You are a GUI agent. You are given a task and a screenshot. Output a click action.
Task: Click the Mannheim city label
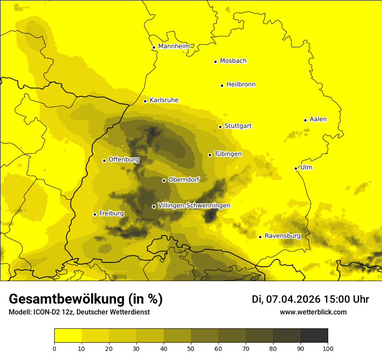tap(174, 46)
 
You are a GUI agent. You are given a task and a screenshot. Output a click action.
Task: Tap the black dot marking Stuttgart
tap(220, 127)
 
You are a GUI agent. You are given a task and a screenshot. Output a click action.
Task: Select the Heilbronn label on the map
tap(241, 85)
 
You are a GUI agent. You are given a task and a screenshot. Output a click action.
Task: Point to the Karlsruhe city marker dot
tap(145, 101)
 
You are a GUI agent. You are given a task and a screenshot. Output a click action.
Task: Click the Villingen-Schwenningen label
tap(194, 206)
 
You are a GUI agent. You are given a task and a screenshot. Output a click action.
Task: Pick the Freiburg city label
tap(112, 213)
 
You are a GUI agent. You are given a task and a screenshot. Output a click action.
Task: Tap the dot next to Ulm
tap(296, 168)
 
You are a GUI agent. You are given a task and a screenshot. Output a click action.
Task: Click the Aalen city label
tap(318, 119)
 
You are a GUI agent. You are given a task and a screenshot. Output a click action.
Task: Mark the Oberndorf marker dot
tap(164, 180)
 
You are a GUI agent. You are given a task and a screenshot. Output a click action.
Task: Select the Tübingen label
tap(228, 154)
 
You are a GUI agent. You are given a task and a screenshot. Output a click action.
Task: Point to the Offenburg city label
tap(124, 160)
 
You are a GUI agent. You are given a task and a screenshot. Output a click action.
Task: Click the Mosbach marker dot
tap(215, 62)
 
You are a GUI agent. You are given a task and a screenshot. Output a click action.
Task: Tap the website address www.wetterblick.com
tap(313, 312)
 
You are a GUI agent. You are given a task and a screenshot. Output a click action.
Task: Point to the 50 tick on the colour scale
tap(191, 348)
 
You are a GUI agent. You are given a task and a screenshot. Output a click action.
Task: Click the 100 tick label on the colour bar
tap(328, 348)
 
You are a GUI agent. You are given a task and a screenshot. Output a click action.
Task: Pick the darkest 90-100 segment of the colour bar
tap(314, 336)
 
